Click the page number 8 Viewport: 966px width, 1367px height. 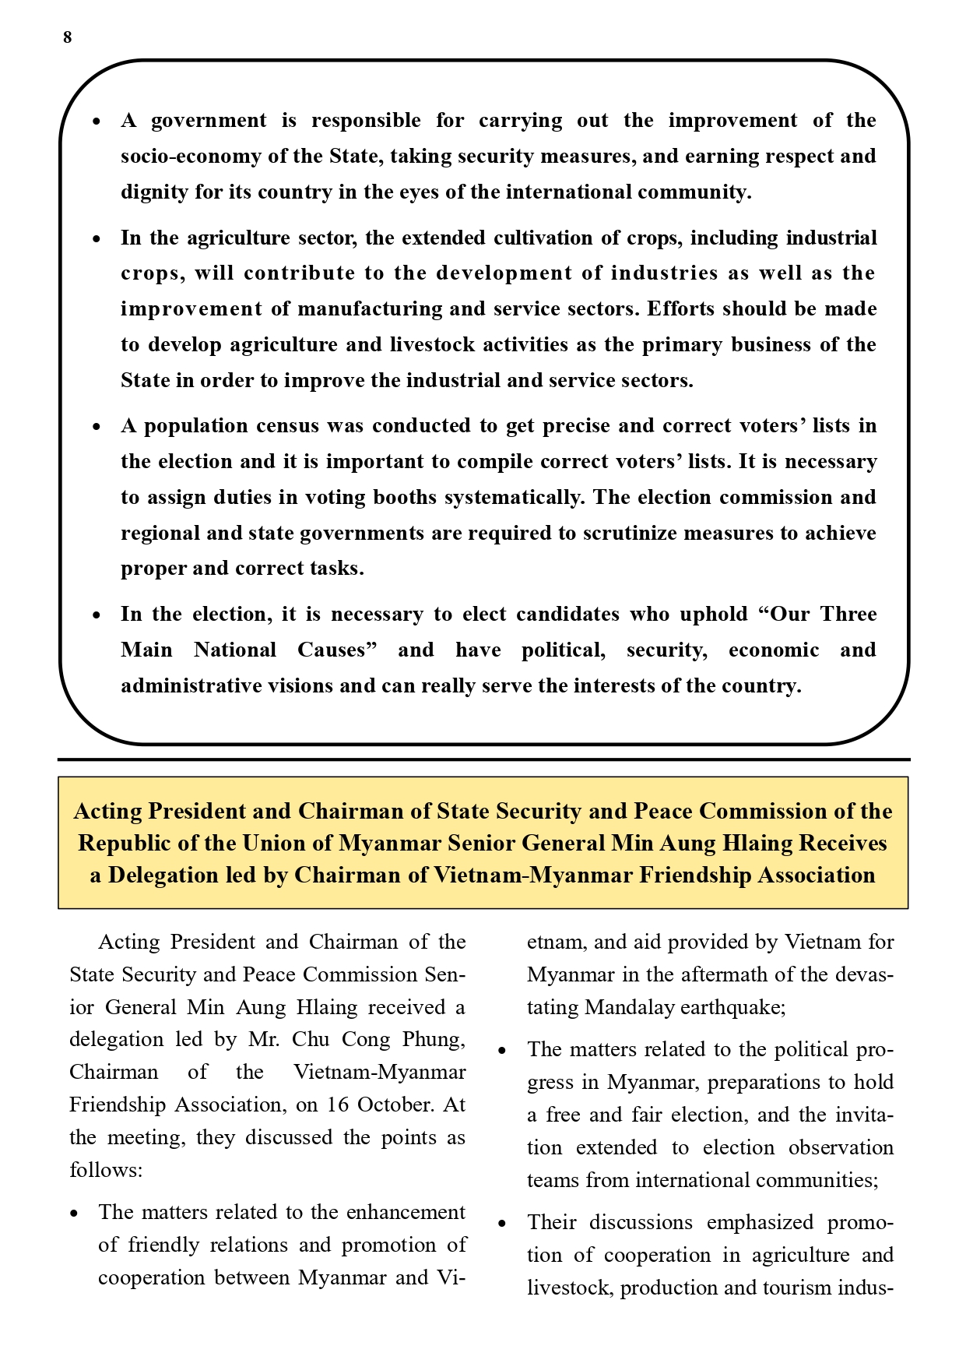click(x=68, y=37)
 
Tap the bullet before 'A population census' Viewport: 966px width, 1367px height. click(x=97, y=427)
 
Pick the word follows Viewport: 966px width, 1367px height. click(x=106, y=1170)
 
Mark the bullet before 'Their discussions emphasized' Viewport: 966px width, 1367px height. click(x=502, y=1224)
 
